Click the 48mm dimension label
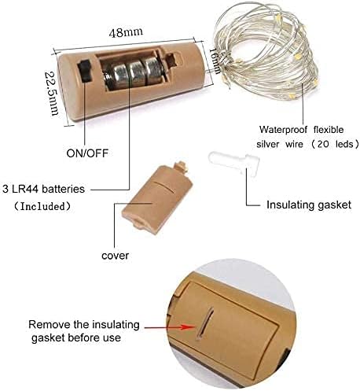(x=126, y=32)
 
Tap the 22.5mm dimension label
(x=51, y=94)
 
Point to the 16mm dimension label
(x=215, y=61)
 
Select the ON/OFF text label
(x=87, y=153)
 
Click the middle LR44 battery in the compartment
(x=135, y=74)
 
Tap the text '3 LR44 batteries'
(x=43, y=189)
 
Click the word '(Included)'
(x=42, y=206)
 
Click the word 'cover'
(x=115, y=256)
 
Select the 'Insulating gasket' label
(x=309, y=205)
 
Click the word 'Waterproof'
(x=283, y=130)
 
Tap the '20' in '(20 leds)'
(x=323, y=144)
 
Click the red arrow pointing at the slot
(x=170, y=327)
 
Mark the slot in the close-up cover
(x=205, y=323)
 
